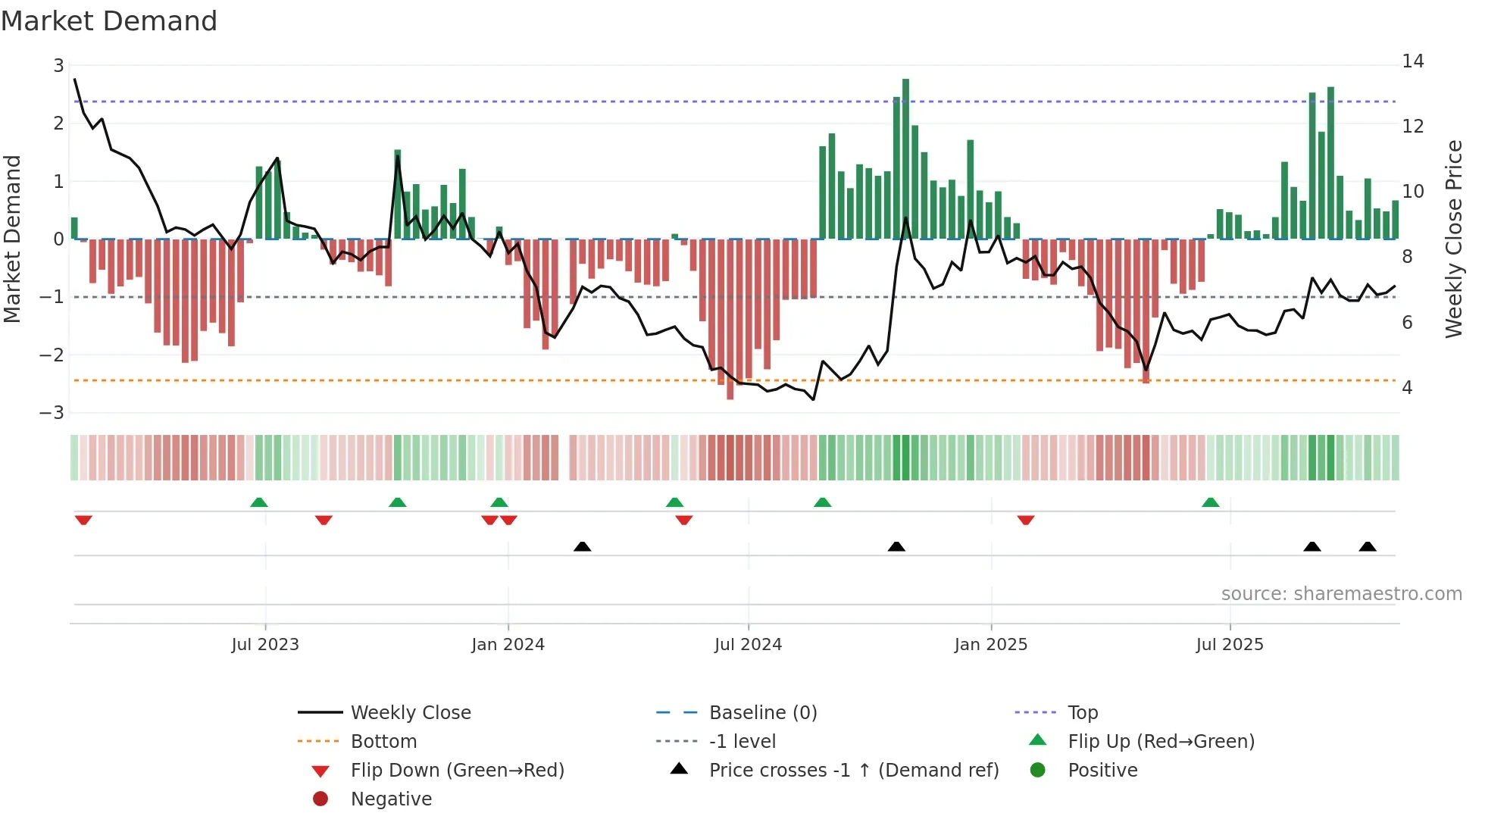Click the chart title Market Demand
109,21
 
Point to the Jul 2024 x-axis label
748,645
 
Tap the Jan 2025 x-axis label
990,645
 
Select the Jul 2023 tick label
265,645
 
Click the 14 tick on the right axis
1412,61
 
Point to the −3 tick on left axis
52,413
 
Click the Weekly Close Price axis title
1453,239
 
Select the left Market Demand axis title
12,239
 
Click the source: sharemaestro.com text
1341,594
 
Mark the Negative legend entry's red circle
320,799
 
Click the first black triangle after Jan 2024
582,546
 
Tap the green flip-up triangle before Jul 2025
1210,502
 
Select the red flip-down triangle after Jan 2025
1026,520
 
